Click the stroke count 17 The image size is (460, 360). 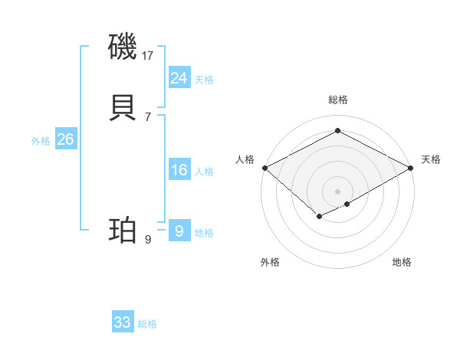148,56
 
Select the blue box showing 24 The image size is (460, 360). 179,77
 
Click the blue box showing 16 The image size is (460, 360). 179,170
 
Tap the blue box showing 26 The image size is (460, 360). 66,139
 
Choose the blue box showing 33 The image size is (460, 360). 123,322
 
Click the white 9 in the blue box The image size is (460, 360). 179,231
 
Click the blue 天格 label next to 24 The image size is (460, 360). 204,80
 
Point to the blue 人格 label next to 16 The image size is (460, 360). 204,172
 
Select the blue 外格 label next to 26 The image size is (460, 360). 41,141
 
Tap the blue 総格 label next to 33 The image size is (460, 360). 147,324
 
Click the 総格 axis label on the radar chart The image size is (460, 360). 337,100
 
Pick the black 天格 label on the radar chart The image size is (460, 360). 431,159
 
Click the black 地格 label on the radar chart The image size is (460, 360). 402,262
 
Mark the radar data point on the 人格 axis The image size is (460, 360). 264,168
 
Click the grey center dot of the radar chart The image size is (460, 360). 337,191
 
